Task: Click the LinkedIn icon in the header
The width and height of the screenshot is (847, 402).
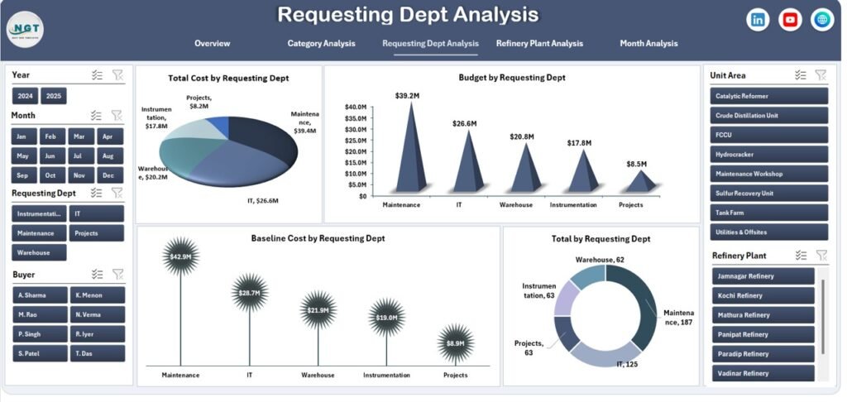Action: coord(758,20)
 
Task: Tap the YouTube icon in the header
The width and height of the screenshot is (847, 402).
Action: coord(790,20)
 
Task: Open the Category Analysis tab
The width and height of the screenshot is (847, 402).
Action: coord(321,44)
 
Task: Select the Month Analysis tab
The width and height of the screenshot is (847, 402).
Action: coord(648,44)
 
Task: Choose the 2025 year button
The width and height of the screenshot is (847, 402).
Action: coord(54,97)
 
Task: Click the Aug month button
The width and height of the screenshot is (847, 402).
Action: coord(108,156)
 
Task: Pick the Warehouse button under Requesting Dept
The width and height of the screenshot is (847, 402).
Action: coord(39,252)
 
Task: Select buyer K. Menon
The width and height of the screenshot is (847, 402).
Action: coord(98,295)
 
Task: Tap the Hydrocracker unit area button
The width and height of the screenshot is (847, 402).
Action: coord(768,155)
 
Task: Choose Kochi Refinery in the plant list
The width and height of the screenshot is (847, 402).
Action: coord(763,295)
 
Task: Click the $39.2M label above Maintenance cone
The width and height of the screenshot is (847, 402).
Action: coord(407,95)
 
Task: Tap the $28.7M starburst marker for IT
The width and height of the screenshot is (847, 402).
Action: coord(250,294)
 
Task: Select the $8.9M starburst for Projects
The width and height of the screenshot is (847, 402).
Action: coord(455,343)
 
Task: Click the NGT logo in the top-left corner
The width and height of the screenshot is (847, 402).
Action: coord(24,30)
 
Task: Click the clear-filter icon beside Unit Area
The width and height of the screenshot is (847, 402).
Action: coord(820,75)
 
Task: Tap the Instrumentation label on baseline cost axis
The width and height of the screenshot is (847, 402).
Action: coord(386,375)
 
